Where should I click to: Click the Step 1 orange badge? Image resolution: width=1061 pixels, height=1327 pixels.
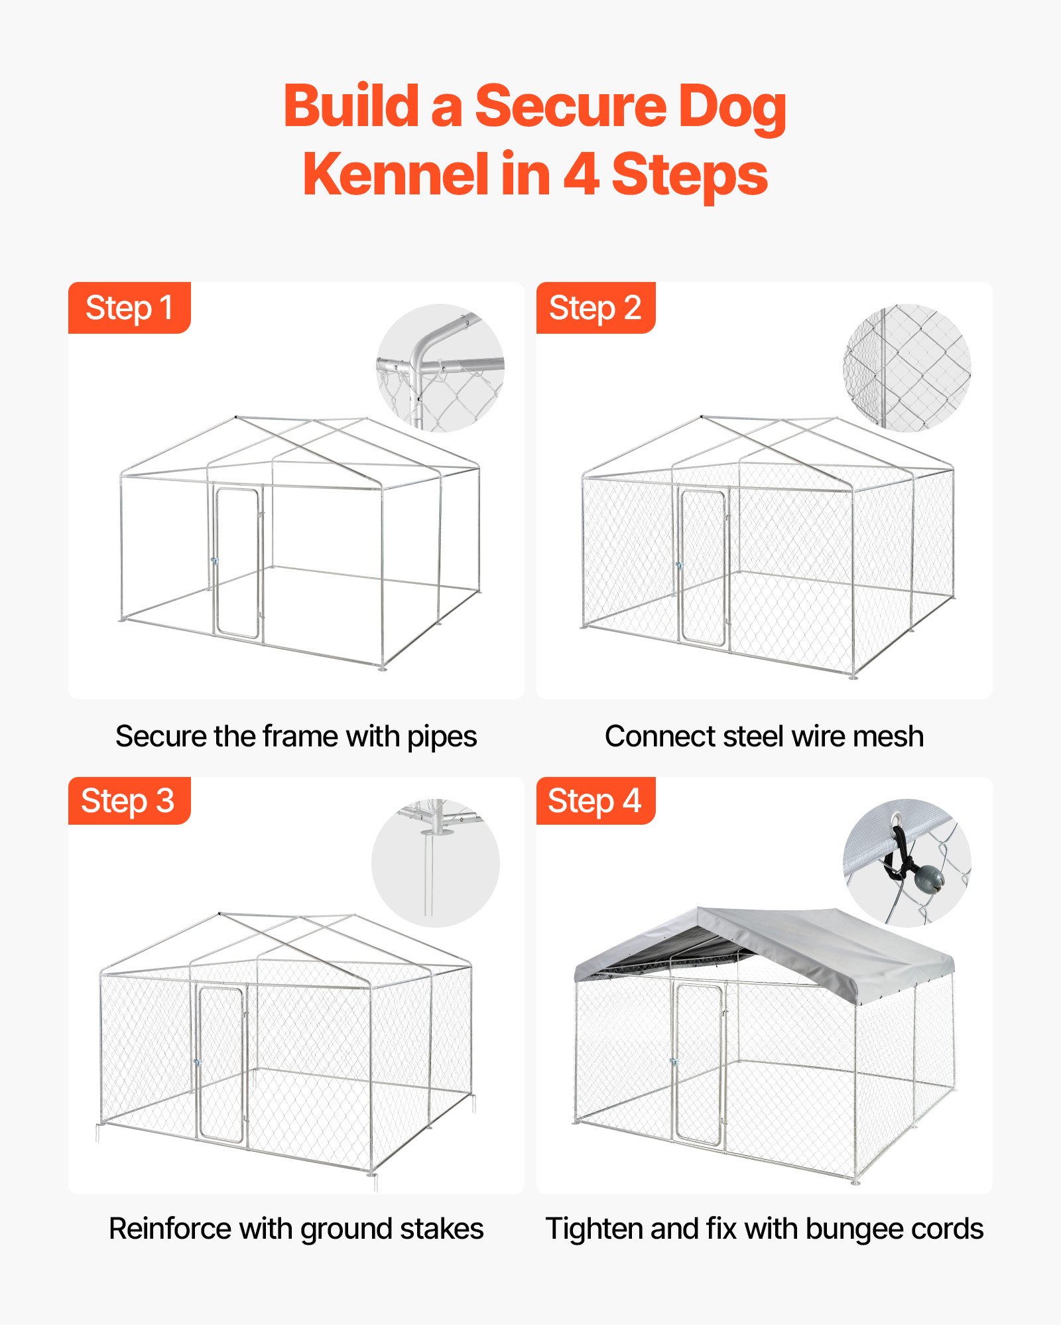point(129,308)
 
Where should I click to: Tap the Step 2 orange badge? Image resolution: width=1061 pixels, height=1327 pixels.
point(595,308)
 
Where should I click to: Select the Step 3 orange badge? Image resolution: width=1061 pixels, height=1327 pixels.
point(129,801)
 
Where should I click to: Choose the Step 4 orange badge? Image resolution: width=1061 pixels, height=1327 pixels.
point(595,801)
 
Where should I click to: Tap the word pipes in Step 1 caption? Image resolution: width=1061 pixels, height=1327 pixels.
point(442,737)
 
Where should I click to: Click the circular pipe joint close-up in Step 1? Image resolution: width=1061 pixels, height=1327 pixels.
point(440,368)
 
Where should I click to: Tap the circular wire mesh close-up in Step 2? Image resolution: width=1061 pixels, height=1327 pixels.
point(907,368)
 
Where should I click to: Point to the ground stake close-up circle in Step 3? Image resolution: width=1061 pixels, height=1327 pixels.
point(436,863)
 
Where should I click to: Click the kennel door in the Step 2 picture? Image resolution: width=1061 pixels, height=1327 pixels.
point(703,568)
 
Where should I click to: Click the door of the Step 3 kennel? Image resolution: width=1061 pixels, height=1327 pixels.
point(221,1065)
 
